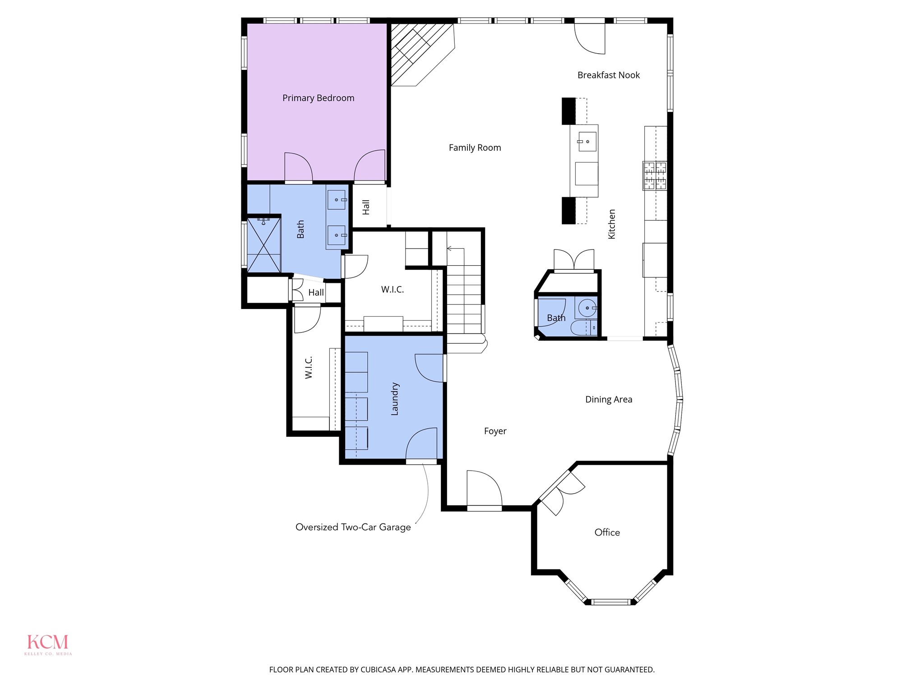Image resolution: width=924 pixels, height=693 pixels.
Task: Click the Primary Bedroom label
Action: [x=318, y=98]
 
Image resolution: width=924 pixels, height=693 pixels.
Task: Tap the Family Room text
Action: [x=475, y=148]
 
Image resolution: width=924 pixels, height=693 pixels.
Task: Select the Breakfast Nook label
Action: [x=608, y=75]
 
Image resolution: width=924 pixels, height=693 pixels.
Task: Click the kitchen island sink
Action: [x=587, y=141]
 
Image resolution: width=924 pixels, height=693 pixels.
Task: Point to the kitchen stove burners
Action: [x=655, y=176]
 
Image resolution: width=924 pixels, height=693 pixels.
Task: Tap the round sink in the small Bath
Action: [x=587, y=308]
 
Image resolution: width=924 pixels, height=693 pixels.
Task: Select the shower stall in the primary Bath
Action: [x=264, y=245]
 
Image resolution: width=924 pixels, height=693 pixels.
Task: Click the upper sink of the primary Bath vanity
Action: [x=337, y=199]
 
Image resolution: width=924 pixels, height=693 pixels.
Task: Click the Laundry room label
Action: [x=394, y=399]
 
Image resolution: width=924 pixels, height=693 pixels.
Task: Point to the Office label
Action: [x=607, y=532]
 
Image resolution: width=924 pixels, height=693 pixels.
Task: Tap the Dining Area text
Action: [x=608, y=399]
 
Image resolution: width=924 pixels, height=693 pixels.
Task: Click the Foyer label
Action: [x=495, y=431]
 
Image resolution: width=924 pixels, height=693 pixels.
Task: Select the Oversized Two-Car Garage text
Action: [x=353, y=527]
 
